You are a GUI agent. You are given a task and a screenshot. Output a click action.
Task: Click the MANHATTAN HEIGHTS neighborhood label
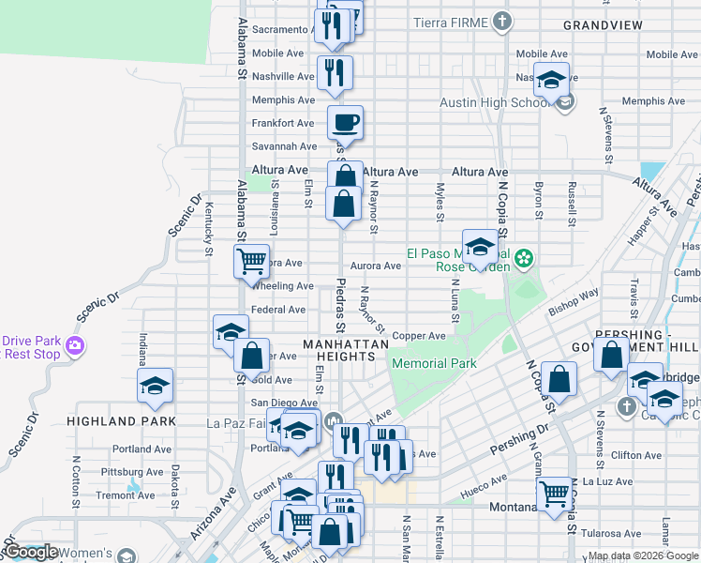click(x=346, y=345)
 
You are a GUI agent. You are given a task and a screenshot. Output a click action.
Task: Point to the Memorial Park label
click(x=434, y=364)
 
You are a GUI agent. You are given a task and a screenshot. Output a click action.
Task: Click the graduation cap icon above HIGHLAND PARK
click(x=156, y=386)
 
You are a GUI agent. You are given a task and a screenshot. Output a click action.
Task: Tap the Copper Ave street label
click(x=419, y=335)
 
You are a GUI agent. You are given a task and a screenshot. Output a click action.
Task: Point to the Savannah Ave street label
click(x=284, y=146)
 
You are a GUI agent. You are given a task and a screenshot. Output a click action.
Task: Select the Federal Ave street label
click(x=278, y=310)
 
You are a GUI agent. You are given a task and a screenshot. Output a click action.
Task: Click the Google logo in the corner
click(x=31, y=552)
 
